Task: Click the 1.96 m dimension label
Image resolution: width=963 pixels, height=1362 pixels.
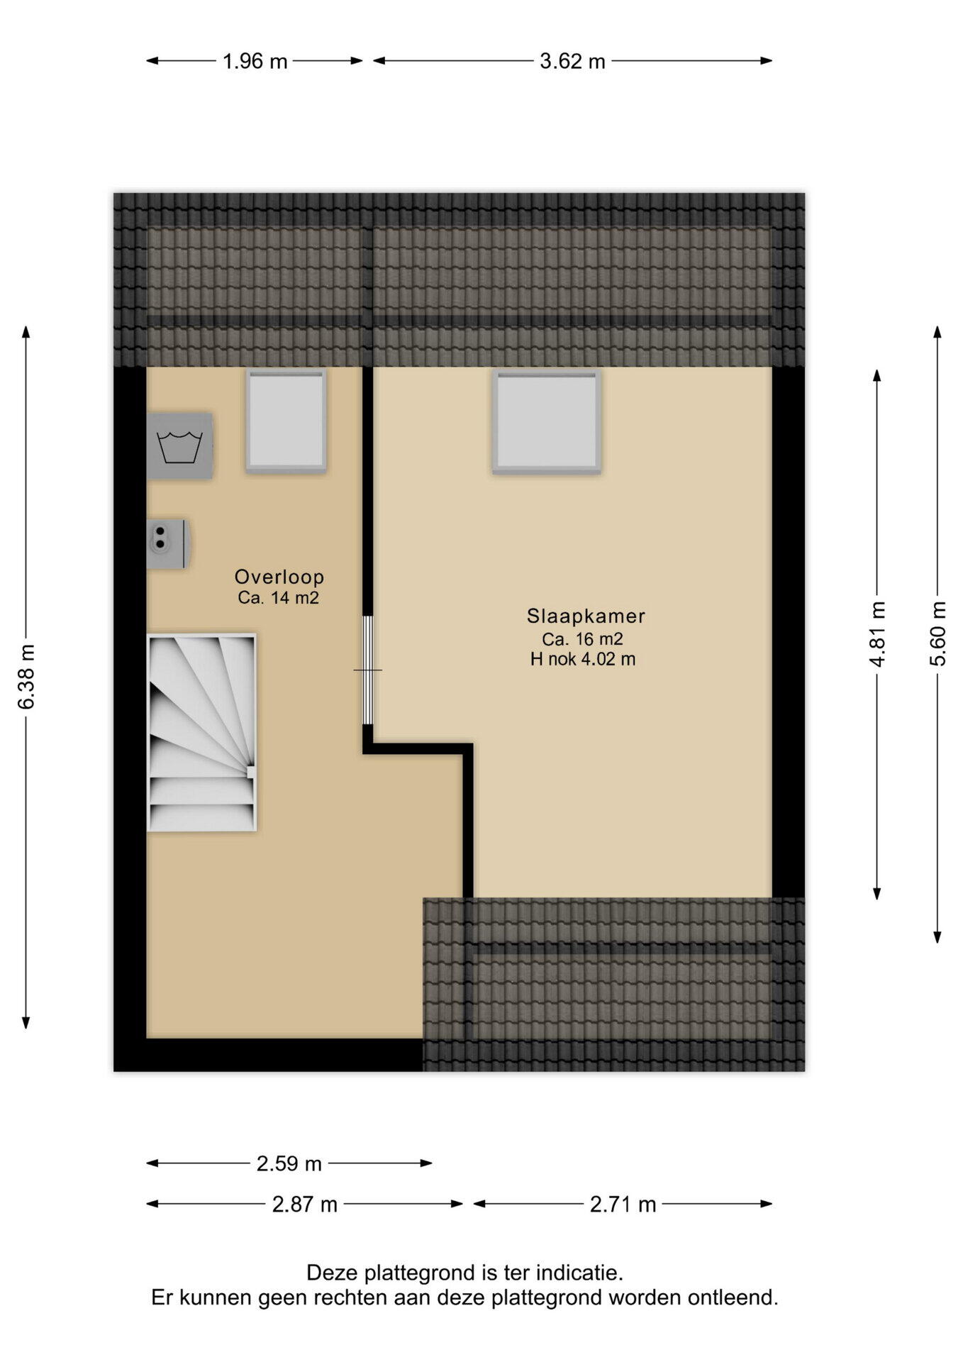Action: point(255,62)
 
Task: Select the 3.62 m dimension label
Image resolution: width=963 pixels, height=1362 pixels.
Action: point(572,62)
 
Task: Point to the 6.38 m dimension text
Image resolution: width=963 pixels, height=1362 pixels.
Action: point(26,677)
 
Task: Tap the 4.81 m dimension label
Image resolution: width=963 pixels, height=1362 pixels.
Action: point(877,634)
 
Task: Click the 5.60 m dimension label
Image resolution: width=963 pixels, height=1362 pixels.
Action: point(937,634)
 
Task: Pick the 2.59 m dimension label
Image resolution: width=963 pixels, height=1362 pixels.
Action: point(289,1164)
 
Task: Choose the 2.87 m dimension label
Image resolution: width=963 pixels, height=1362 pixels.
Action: point(305,1205)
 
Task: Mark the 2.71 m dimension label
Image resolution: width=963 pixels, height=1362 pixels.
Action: point(623,1205)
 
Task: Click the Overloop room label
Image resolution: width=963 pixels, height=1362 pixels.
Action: point(279,577)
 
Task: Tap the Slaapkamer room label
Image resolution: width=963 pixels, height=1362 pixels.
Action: point(586,616)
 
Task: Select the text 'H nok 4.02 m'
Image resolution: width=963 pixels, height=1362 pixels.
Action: point(583,659)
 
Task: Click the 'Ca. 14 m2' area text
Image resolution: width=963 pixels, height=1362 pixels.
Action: point(279,598)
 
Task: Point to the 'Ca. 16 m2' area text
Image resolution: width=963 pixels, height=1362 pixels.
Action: point(583,638)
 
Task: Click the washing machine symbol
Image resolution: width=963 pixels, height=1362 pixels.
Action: point(180,446)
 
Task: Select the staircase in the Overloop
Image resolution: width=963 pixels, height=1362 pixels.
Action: point(201,733)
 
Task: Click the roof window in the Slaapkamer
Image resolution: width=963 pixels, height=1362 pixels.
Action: point(547,421)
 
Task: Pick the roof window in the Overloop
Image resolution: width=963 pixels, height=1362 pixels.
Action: point(286,421)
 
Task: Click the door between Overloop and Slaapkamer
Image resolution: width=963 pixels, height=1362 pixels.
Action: point(367,670)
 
